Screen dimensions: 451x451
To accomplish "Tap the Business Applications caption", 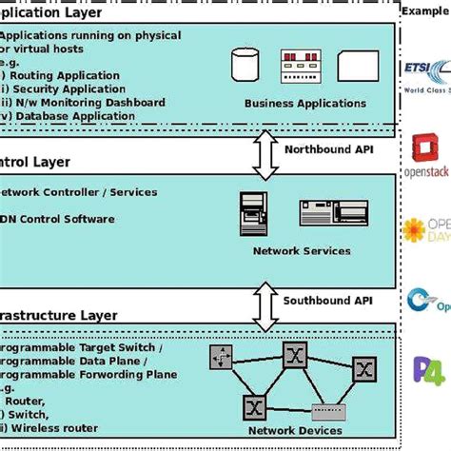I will tap(294, 103).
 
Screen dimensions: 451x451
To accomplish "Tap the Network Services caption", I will tap(301, 251).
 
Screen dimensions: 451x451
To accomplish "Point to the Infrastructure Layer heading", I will tap(57, 315).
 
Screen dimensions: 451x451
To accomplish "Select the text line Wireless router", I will tap(52, 429).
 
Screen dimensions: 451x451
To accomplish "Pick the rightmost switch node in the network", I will tap(363, 368).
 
